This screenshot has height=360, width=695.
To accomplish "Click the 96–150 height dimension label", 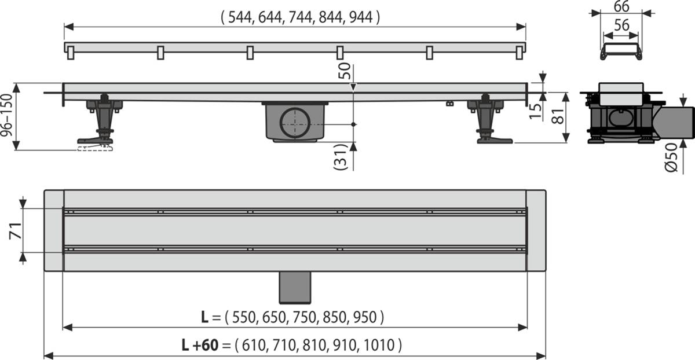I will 8,116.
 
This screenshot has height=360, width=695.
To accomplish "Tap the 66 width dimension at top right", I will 620,7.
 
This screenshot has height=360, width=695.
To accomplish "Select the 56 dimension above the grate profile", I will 620,26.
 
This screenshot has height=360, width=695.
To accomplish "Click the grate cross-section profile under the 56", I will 620,52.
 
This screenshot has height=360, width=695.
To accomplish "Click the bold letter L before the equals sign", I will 204,317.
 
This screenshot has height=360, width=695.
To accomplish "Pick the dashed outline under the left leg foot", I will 93,148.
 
